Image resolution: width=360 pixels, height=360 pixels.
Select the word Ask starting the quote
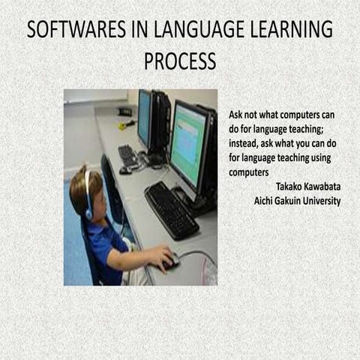pos(236,116)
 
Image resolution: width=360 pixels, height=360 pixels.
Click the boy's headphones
pos(88,196)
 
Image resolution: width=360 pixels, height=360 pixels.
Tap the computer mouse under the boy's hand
pos(172,262)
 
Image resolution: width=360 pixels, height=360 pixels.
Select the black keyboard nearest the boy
pos(170,209)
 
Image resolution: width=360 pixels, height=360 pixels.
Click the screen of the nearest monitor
pos(187,144)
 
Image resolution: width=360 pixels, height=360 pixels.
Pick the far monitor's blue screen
pos(144,117)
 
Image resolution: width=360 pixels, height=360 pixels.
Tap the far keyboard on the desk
pos(128,156)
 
